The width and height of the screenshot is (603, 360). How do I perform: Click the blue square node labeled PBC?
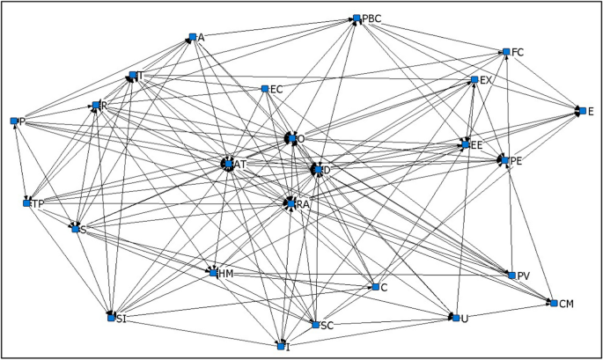click(x=357, y=18)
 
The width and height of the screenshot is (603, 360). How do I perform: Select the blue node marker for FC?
click(x=505, y=52)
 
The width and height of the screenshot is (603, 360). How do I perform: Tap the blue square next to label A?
click(x=191, y=37)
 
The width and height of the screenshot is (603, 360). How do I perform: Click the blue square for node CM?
click(x=552, y=303)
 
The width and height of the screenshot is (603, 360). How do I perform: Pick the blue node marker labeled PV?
click(x=511, y=276)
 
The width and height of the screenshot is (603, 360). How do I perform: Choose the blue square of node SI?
click(x=111, y=317)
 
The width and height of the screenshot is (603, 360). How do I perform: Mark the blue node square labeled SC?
click(x=315, y=325)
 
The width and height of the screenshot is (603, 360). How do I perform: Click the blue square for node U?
click(x=455, y=317)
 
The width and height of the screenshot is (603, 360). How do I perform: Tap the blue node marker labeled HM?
click(x=213, y=273)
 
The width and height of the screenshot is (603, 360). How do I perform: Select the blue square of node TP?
click(x=26, y=203)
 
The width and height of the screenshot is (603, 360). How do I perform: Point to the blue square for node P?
click(x=14, y=121)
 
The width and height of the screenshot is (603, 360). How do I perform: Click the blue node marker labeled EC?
click(x=264, y=88)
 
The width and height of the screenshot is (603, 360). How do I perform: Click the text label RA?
click(x=303, y=204)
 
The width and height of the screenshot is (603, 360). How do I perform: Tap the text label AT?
click(x=240, y=165)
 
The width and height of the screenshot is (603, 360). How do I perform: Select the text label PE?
click(x=517, y=161)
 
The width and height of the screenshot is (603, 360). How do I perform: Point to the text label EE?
click(x=477, y=143)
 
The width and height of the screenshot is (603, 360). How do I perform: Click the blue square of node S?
click(x=75, y=229)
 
